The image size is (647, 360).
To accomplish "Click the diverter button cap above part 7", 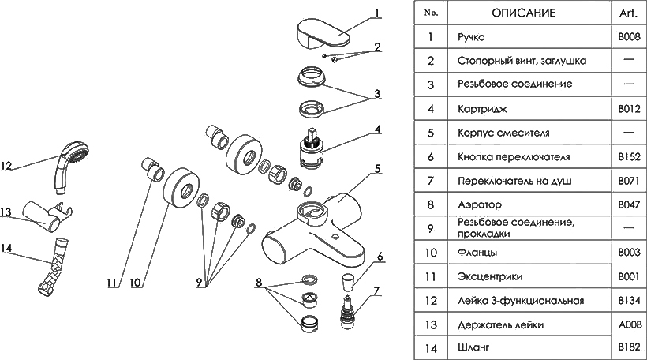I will point(348,281).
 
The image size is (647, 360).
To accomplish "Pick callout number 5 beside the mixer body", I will point(378,168).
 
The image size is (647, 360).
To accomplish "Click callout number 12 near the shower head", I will point(7,167).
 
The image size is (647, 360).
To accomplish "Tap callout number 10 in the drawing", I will point(134,281).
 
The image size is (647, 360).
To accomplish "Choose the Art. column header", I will point(627,13).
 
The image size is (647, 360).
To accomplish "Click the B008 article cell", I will point(627,36).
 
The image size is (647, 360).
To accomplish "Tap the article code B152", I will point(627,157).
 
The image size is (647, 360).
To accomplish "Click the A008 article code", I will point(627,324).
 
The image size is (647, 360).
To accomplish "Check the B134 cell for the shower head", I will point(627,301).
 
